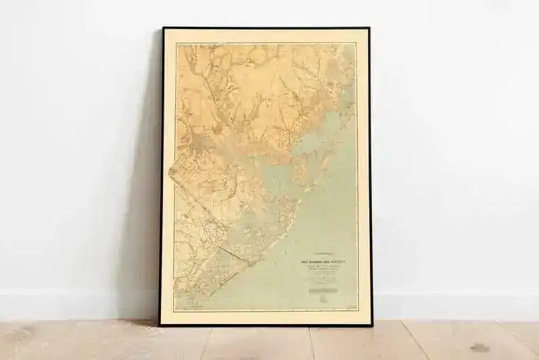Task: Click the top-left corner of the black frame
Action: pyautogui.click(x=164, y=29)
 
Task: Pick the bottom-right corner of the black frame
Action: pyautogui.click(x=371, y=325)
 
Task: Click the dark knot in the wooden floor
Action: pyautogui.click(x=479, y=347)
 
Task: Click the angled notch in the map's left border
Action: pyautogui.click(x=171, y=166)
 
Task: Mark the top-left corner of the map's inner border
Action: pyautogui.click(x=176, y=44)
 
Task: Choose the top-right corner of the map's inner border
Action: pyautogui.click(x=356, y=44)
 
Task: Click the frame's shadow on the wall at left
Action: pyautogui.click(x=146, y=204)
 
